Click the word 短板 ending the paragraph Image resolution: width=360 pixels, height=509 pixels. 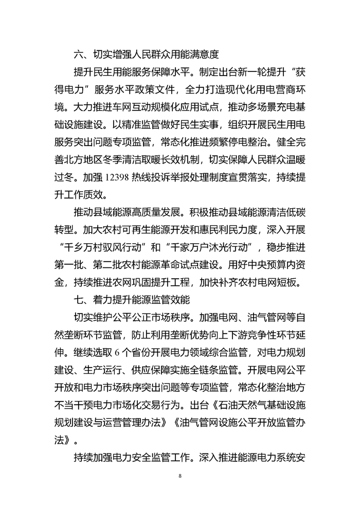[294, 282]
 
